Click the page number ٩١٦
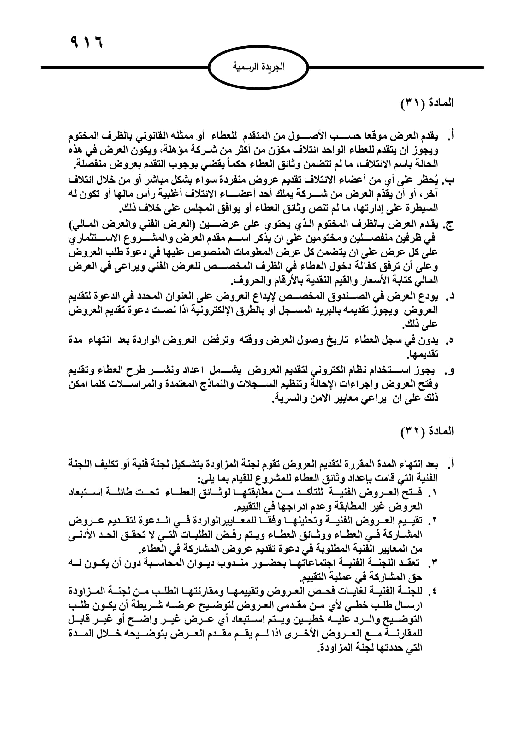point(86,42)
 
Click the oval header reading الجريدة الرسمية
point(258,67)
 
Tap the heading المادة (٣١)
point(427,104)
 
